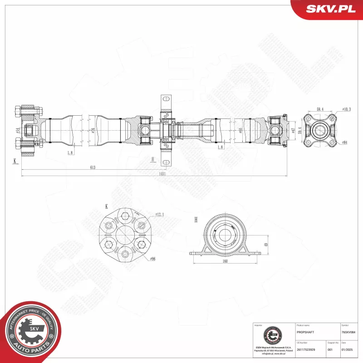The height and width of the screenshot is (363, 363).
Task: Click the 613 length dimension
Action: coord(93,167)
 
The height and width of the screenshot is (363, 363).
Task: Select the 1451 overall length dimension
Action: coord(162,173)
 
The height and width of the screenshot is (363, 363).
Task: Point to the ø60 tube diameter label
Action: coord(240,131)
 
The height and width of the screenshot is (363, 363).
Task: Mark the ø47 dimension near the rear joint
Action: coord(294,131)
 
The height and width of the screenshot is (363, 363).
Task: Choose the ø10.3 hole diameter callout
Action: coord(347,109)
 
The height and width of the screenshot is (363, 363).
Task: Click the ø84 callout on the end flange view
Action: coord(344,142)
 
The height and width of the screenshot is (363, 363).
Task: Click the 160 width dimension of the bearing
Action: coord(226,261)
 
